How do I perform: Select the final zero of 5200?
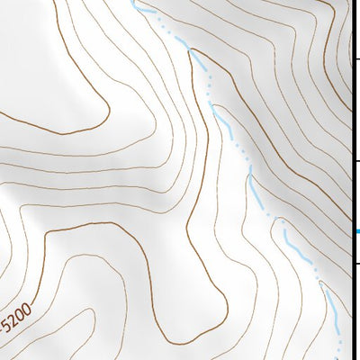pyautogui.click(x=28, y=308)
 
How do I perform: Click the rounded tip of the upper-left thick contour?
pyautogui.click(x=63, y=133)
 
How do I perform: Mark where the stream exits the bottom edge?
pyautogui.click(x=340, y=358)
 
